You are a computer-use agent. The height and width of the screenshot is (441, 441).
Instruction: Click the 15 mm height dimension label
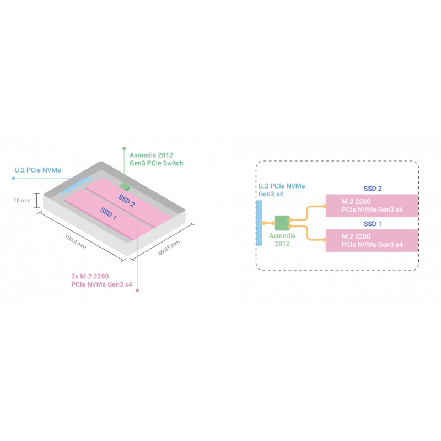[22, 201]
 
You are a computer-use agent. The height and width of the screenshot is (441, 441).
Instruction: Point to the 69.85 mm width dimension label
[169, 247]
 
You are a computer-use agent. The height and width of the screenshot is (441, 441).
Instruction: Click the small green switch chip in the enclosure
[123, 186]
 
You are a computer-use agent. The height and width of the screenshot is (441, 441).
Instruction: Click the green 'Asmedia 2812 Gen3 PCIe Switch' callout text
[156, 159]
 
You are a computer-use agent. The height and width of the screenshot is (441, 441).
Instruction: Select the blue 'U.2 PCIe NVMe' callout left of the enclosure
[37, 170]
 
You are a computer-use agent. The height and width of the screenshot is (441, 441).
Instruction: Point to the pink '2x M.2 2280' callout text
[101, 280]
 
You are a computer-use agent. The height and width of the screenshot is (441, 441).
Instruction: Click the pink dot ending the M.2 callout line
[138, 289]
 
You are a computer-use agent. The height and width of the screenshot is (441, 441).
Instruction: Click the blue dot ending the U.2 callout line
[13, 178]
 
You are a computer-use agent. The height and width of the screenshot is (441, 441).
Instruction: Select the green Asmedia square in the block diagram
[282, 222]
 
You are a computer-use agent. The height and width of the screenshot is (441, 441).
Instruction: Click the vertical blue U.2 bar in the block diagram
[259, 223]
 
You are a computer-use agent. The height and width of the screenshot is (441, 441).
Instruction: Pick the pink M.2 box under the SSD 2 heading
[372, 206]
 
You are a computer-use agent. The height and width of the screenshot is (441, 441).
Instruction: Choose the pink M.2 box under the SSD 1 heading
[372, 240]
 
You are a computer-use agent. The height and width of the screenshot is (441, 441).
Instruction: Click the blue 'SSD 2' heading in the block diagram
[373, 189]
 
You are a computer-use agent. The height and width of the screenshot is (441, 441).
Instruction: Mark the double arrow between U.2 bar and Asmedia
[269, 223]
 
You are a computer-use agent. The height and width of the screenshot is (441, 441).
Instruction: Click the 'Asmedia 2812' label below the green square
[282, 239]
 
